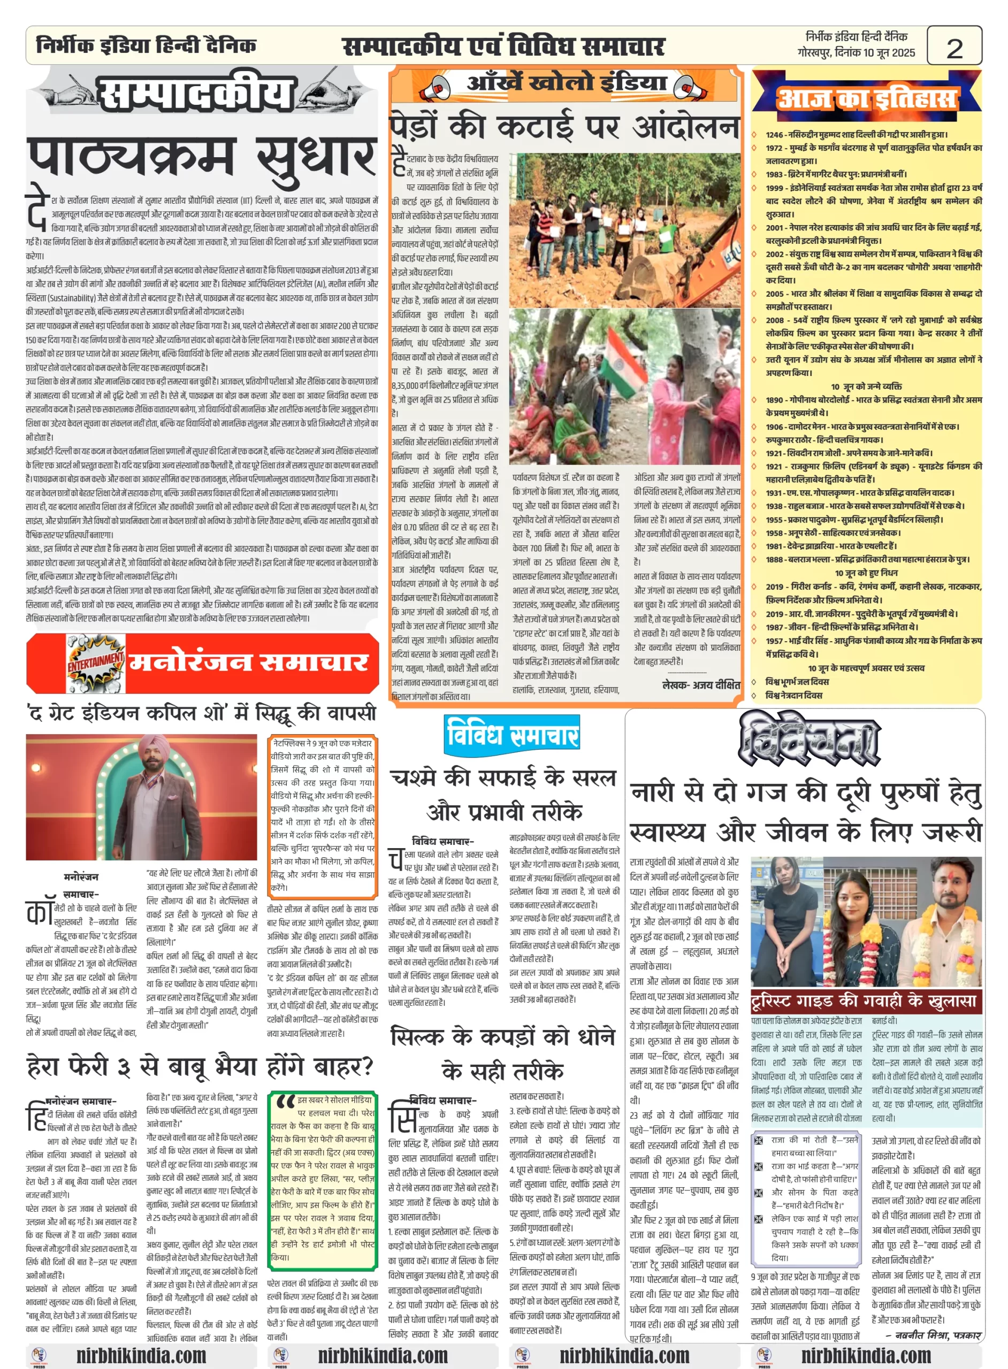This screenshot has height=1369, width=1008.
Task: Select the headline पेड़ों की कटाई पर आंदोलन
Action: [x=564, y=127]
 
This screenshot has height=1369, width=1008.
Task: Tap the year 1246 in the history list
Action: [x=774, y=135]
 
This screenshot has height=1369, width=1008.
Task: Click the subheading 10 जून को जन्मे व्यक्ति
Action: [x=866, y=387]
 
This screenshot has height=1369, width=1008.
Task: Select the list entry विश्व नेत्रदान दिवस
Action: [x=794, y=696]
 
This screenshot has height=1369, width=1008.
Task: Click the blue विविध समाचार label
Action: [x=512, y=734]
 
